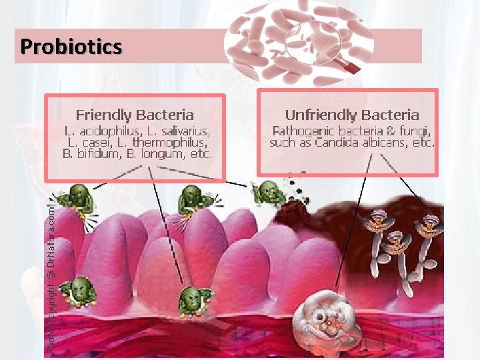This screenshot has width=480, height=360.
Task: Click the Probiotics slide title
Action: [x=71, y=47]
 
